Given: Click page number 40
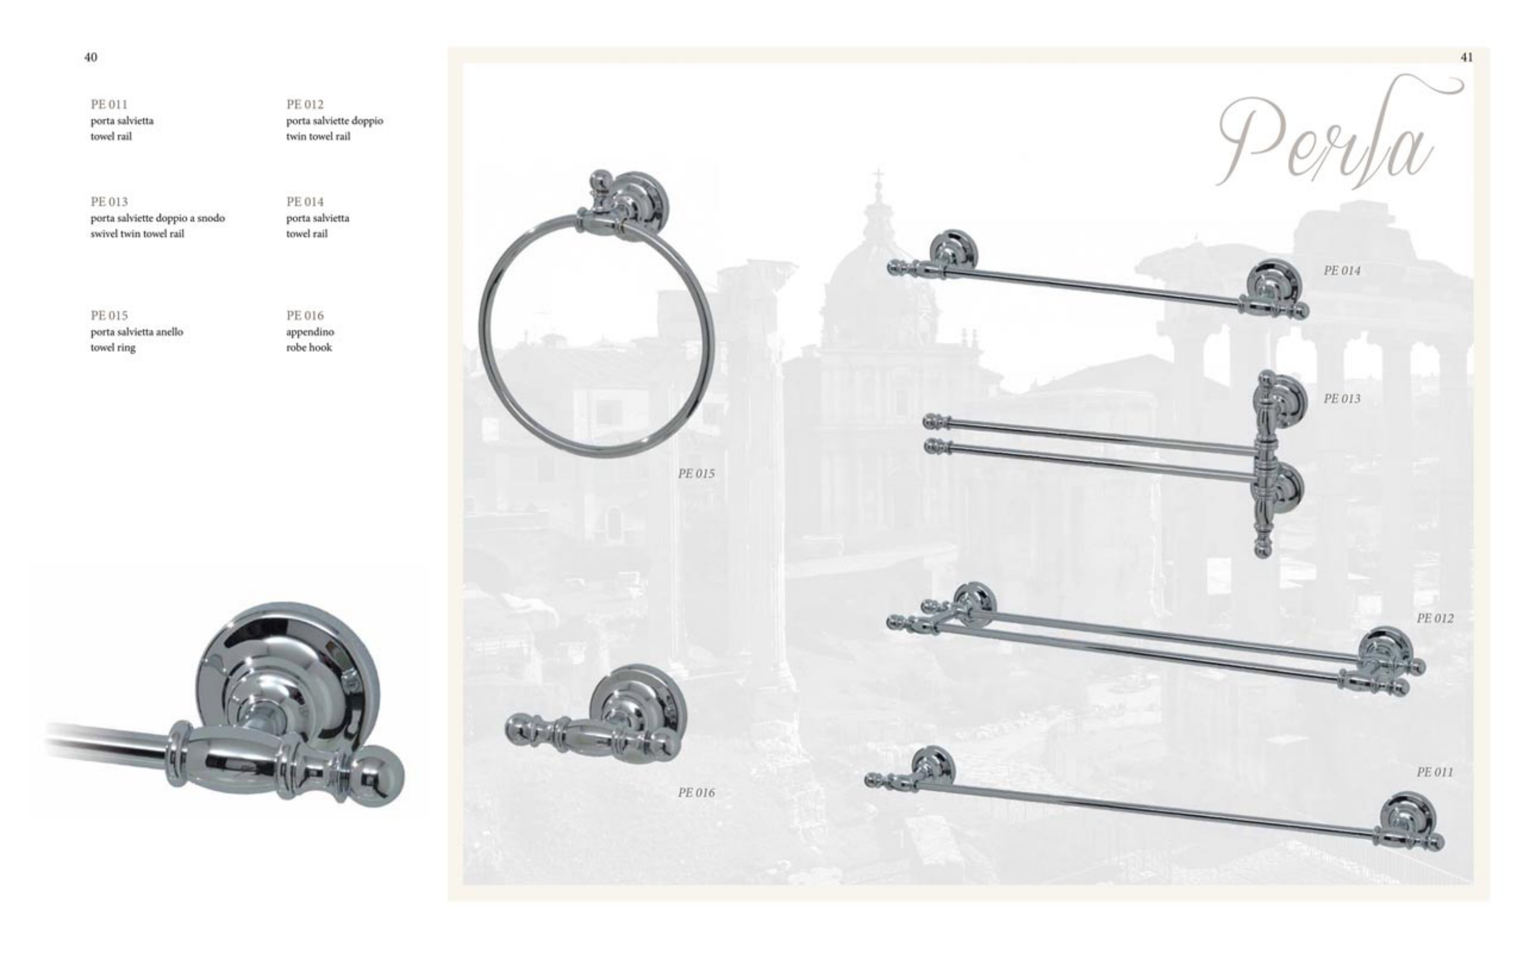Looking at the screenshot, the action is click(91, 57).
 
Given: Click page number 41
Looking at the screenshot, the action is click(1467, 57).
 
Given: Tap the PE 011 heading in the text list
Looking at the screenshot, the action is click(109, 104).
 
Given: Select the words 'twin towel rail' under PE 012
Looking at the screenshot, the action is click(318, 136).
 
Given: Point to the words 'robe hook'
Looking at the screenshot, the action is click(308, 348).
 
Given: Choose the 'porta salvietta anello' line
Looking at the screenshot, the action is click(137, 332).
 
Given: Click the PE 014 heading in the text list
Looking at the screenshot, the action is click(305, 202).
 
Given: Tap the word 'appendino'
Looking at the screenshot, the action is click(310, 332).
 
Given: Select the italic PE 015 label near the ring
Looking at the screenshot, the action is click(696, 473).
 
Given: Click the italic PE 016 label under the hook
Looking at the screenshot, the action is click(696, 792).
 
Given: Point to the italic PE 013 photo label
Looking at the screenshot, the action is click(1342, 398).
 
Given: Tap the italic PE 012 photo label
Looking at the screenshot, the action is click(1435, 618).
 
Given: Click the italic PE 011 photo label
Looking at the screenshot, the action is click(1434, 771).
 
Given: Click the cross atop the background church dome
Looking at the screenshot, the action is click(877, 176).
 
